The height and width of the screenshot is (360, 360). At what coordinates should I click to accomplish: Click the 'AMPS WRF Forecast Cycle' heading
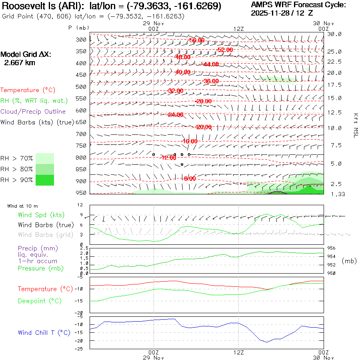coord(298,5)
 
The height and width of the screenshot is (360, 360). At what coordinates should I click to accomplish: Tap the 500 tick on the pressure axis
coord(81,86)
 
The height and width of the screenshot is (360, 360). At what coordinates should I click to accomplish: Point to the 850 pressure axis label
coord(81,169)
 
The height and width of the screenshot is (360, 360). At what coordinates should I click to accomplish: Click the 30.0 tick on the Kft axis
coord(334,34)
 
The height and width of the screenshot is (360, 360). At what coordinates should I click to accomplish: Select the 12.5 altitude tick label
coord(334,113)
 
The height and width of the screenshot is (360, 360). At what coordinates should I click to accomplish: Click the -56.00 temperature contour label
coord(196,40)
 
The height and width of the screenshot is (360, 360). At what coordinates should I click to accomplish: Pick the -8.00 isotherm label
coord(190,178)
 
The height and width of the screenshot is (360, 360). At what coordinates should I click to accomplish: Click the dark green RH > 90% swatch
coord(45,180)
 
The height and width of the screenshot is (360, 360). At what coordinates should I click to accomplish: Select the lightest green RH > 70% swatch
coord(45,158)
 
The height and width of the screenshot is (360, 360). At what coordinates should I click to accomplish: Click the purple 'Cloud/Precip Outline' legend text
coord(33,112)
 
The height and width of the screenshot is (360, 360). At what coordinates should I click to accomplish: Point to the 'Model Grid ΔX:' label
coord(26,54)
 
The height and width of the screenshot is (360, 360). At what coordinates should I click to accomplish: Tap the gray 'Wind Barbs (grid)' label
coord(41,235)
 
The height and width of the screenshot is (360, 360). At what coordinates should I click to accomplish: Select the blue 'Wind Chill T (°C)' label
coord(44,333)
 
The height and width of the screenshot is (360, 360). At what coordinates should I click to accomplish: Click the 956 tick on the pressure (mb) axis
coord(332,248)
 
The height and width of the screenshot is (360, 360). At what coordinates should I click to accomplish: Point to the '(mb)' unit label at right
coord(349,261)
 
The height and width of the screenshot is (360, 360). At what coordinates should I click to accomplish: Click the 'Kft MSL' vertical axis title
coord(354,125)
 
